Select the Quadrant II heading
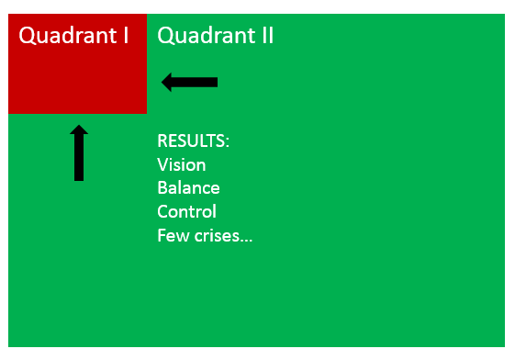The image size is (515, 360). [x=216, y=36]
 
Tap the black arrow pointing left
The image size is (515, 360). [x=190, y=83]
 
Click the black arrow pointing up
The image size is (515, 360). [x=79, y=153]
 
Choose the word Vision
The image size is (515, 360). [x=182, y=165]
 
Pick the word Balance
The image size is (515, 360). [x=188, y=188]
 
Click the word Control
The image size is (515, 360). [x=186, y=212]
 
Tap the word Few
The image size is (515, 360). [x=171, y=236]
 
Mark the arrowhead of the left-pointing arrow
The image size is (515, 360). [x=168, y=83]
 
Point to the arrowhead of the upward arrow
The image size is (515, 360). [x=79, y=131]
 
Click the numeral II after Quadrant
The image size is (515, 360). [x=265, y=36]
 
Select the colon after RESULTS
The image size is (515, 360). [x=227, y=143]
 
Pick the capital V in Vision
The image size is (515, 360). [x=162, y=165]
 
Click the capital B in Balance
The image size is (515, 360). [x=162, y=188]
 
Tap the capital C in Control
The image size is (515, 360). [x=162, y=212]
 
